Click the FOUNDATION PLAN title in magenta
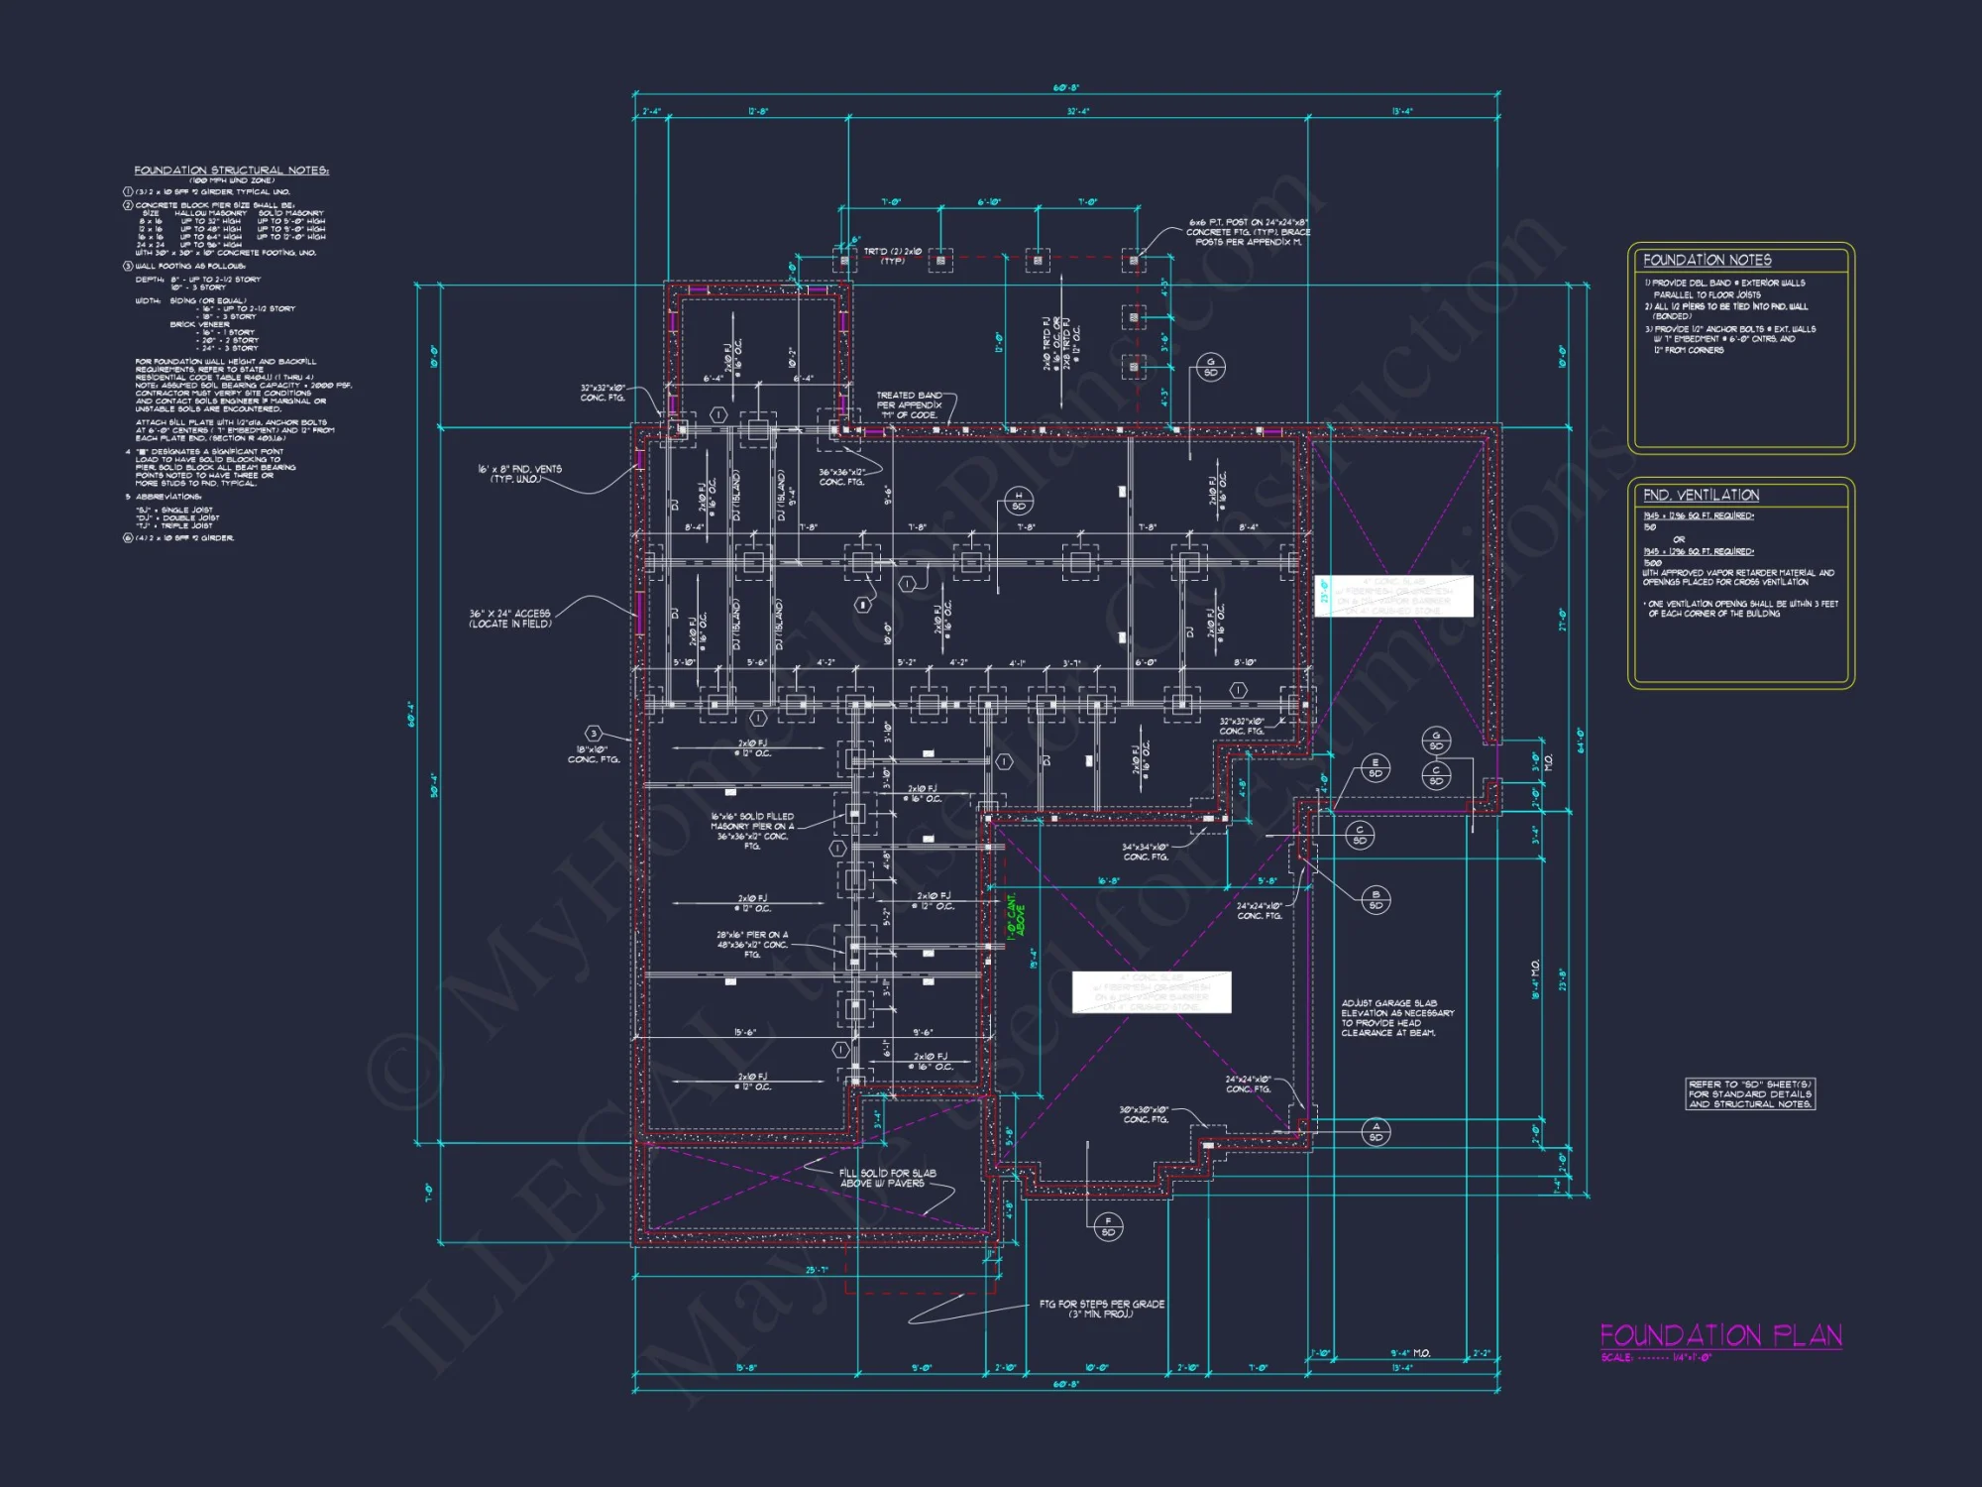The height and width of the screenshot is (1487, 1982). point(1720,1336)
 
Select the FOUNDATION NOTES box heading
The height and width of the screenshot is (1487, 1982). point(1707,260)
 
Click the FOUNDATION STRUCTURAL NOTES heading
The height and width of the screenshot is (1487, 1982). point(231,171)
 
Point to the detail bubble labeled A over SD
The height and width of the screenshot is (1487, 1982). point(1376,1132)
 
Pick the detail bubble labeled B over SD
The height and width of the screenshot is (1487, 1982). point(1376,899)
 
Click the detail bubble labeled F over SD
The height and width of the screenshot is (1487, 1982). point(1108,1226)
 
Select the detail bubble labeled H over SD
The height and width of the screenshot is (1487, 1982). point(1018,501)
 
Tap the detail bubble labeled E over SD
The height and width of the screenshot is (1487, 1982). point(1375,768)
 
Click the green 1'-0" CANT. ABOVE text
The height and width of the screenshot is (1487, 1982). point(1016,917)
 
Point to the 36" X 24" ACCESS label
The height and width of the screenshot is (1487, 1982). point(509,619)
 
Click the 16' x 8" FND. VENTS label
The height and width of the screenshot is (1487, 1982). point(519,474)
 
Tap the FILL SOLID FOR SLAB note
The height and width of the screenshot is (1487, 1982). point(887,1178)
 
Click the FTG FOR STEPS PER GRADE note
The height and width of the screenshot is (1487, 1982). point(1101,1309)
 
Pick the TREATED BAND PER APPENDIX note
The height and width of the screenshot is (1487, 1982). point(909,404)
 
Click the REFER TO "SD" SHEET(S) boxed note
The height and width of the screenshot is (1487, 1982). point(1750,1093)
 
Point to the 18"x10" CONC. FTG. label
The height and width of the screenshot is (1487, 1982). point(594,754)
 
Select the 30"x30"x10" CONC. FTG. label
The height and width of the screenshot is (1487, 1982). point(1145,1114)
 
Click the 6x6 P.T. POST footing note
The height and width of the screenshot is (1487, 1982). point(1248,232)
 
